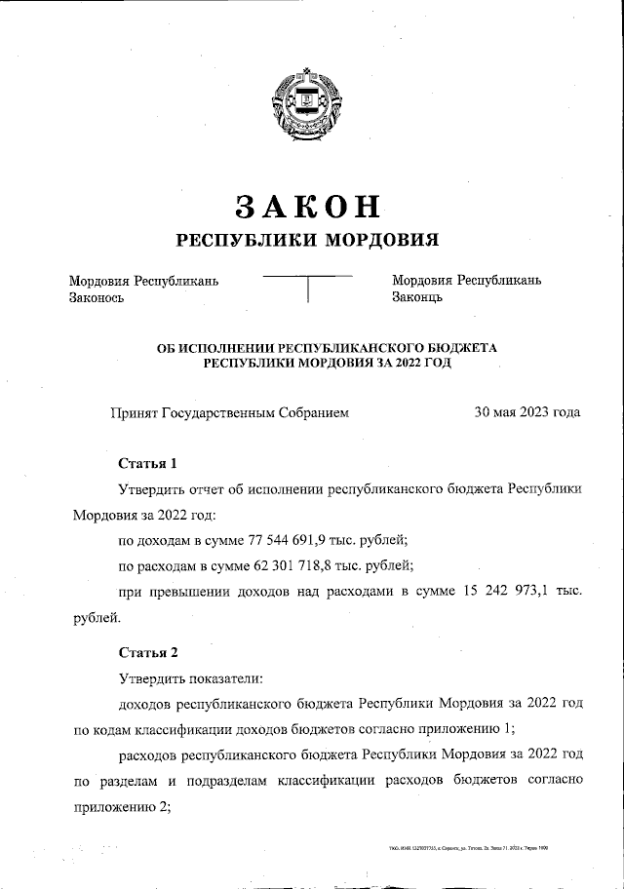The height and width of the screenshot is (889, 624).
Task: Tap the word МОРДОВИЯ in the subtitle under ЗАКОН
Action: tap(381, 240)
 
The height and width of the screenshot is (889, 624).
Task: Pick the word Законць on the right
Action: tap(417, 297)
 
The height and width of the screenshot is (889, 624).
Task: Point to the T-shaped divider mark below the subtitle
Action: tap(308, 289)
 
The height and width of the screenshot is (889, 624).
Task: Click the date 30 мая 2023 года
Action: tap(526, 412)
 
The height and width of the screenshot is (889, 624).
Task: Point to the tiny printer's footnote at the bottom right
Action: tap(467, 850)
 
